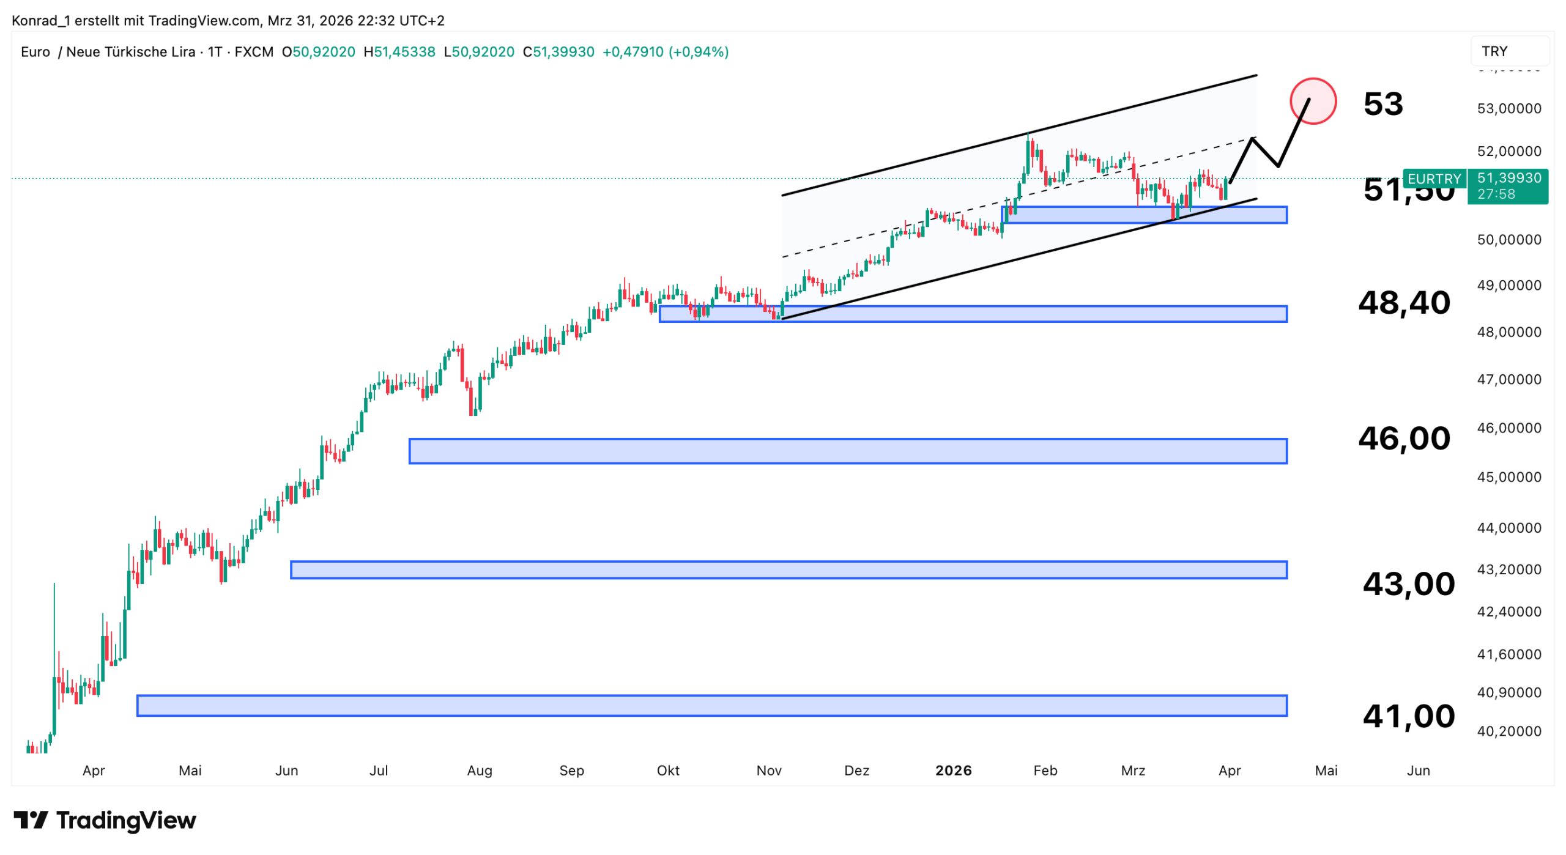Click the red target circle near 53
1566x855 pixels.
tap(1312, 101)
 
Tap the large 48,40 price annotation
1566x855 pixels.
tap(1403, 302)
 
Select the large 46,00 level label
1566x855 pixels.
tap(1403, 438)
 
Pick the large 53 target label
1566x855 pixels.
tap(1382, 103)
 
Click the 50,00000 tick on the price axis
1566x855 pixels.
tap(1508, 240)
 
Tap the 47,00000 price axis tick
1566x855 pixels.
tap(1508, 380)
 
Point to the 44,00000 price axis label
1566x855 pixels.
tap(1508, 528)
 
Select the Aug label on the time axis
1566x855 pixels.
tap(480, 770)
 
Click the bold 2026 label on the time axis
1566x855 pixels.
tap(953, 770)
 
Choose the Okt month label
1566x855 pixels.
tap(668, 770)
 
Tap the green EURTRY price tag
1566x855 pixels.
tap(1433, 179)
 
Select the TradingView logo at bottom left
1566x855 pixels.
tap(105, 820)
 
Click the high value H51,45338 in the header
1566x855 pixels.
tap(399, 52)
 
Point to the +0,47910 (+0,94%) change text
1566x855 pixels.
tap(665, 52)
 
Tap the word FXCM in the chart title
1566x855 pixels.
tap(254, 52)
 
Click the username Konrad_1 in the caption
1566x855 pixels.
tap(41, 21)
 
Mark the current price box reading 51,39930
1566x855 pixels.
tap(1508, 178)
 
